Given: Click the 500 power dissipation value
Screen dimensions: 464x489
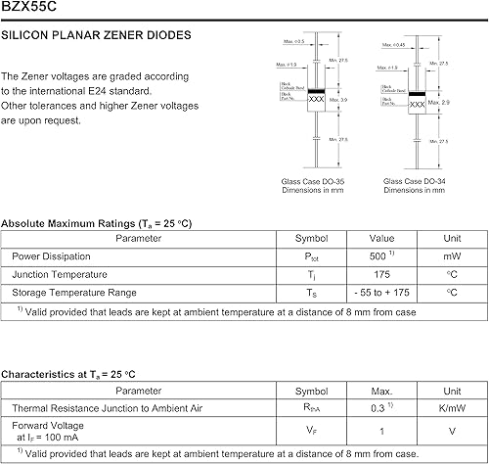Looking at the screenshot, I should pyautogui.click(x=378, y=256).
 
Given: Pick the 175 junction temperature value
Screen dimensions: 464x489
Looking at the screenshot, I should pyautogui.click(x=381, y=274).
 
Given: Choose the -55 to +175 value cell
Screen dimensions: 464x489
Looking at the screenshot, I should pyautogui.click(x=381, y=293).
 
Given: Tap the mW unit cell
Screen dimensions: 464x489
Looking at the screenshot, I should pyautogui.click(x=451, y=256).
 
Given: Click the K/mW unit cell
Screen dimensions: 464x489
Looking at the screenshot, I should pyautogui.click(x=451, y=407).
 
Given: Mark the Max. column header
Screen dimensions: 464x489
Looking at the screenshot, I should pyautogui.click(x=381, y=391).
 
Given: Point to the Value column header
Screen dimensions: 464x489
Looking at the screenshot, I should pyautogui.click(x=381, y=238).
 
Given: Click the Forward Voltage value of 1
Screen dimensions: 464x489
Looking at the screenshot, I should pyautogui.click(x=381, y=429).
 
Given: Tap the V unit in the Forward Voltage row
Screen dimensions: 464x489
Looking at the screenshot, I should pyautogui.click(x=451, y=429).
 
